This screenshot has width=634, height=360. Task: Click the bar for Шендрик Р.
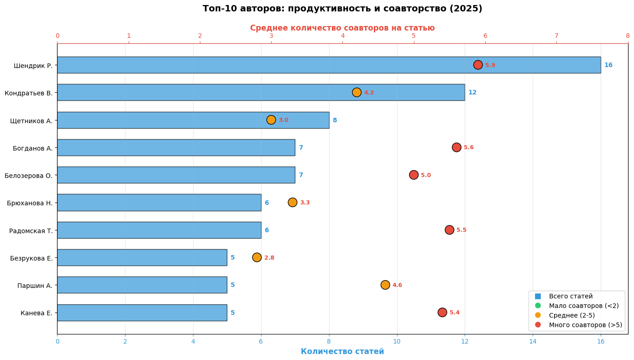tap(329, 65)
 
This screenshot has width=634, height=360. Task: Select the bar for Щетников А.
tap(193, 120)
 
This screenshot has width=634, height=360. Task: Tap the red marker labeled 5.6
tap(456, 147)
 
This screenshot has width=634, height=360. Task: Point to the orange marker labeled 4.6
tap(385, 285)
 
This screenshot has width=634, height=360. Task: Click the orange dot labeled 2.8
tap(257, 257)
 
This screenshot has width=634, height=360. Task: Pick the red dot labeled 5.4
tap(442, 313)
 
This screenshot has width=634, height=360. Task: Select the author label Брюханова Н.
tap(30, 203)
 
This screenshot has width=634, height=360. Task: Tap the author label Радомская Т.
tap(31, 231)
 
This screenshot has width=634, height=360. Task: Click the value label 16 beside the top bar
tap(608, 65)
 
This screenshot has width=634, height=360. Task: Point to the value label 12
tap(472, 93)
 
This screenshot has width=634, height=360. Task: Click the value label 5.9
tap(490, 65)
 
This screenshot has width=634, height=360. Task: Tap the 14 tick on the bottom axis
tap(533, 341)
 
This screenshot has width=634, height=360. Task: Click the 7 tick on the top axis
tap(556, 36)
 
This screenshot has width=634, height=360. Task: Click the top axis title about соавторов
tap(342, 28)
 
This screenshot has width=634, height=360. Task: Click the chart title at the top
tap(342, 9)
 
